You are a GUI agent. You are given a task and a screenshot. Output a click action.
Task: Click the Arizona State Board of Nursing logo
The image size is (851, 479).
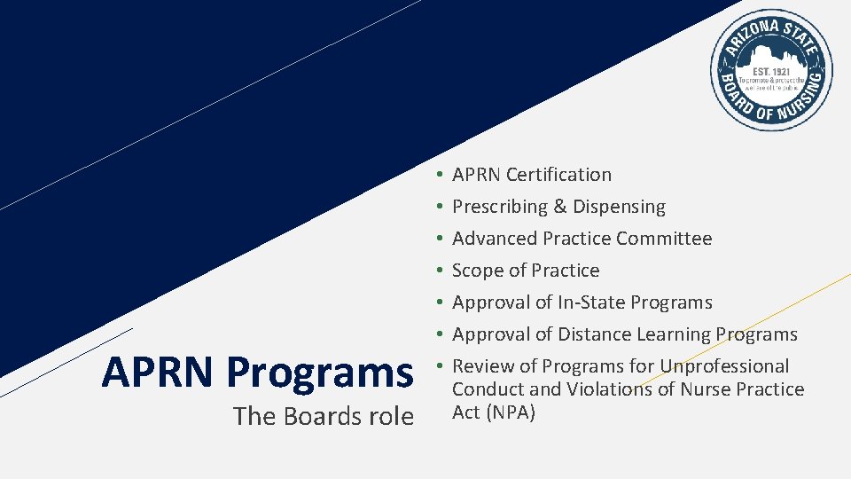coord(771,70)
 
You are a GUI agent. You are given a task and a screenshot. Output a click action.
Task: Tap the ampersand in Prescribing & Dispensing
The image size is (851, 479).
coord(559,207)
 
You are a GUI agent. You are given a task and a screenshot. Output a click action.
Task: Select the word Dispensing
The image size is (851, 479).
coord(619,207)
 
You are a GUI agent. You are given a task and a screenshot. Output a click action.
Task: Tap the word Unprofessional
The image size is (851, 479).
coord(724,366)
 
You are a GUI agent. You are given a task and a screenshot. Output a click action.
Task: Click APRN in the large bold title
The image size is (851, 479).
coord(160,372)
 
